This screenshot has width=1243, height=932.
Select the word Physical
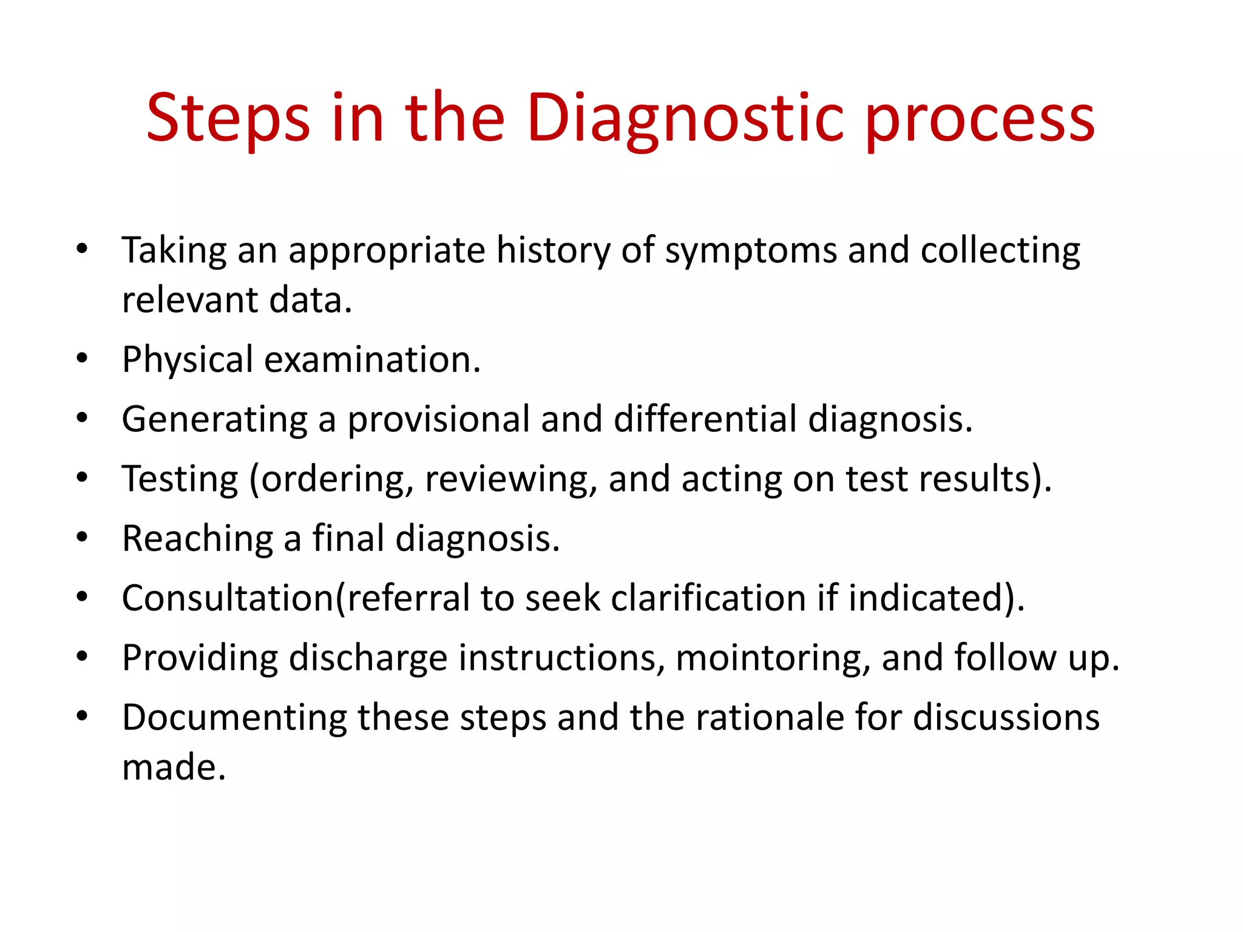click(188, 359)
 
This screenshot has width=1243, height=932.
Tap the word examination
click(372, 359)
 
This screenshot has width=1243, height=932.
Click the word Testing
click(180, 479)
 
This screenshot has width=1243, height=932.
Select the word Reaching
click(198, 538)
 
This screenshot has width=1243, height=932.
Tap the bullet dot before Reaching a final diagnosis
click(83, 537)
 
